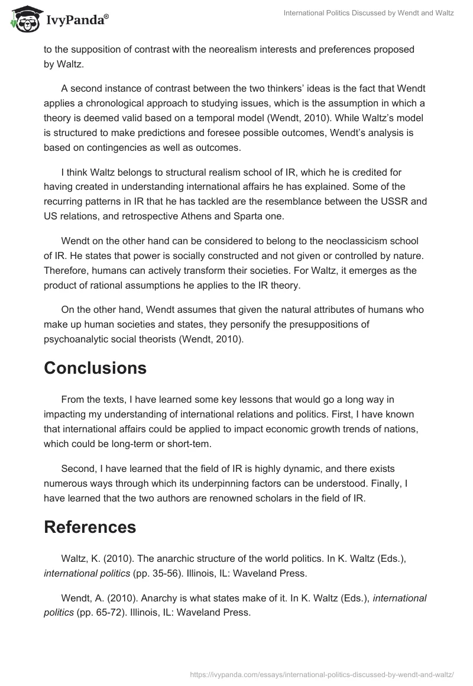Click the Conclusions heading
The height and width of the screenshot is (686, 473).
tap(95, 368)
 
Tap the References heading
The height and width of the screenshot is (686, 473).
tap(90, 527)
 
